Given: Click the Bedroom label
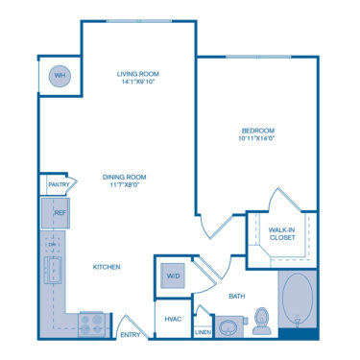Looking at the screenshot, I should [x=259, y=131].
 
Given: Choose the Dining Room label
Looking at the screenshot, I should [x=123, y=176].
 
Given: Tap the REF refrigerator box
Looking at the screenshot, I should [x=56, y=212].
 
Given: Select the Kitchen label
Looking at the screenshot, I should [x=106, y=267].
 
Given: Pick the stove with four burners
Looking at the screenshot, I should [x=94, y=324].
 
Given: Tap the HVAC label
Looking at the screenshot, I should [x=173, y=318].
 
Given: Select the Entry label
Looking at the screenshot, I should [x=130, y=335].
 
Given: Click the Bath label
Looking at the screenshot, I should [x=236, y=297].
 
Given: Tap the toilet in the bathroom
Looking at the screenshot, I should [x=260, y=323].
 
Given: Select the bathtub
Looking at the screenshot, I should [x=298, y=302].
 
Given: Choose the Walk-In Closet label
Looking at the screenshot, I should [x=281, y=233].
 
